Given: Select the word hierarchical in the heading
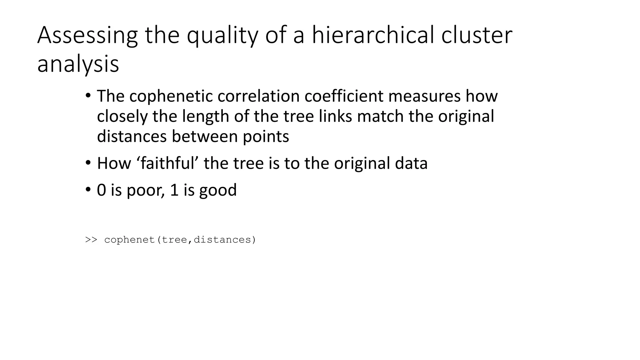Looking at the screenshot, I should click(373, 35).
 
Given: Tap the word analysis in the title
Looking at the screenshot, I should click(78, 64).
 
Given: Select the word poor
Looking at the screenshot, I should click(145, 190).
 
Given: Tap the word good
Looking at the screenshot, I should click(218, 190).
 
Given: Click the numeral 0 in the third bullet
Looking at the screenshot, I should click(102, 190).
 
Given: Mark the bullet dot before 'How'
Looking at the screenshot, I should click(88, 163).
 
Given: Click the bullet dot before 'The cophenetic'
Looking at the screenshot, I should click(88, 95).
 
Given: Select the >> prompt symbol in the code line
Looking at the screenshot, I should click(91, 240).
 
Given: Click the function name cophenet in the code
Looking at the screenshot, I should click(130, 240).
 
